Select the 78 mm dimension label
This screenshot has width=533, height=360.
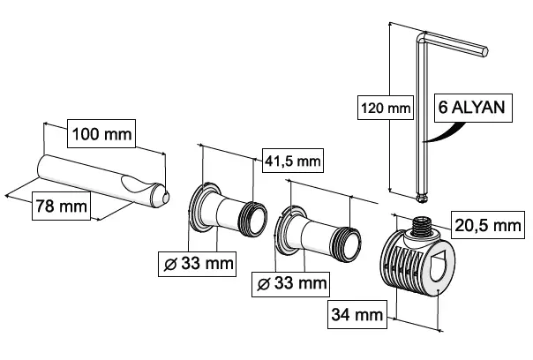coord(62,206)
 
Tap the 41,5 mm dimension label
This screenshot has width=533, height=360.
coord(293,161)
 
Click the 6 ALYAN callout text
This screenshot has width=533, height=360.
coord(470,109)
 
